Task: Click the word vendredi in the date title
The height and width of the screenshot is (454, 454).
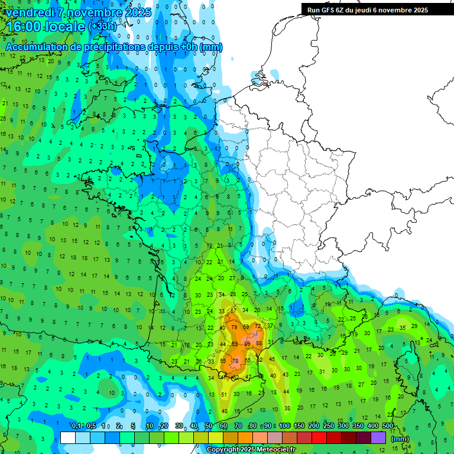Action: click(x=30, y=12)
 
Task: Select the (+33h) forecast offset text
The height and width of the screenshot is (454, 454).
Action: click(x=102, y=27)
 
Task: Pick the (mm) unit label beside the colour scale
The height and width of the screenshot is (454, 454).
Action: click(x=400, y=439)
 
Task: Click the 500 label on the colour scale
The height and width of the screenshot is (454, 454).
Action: click(x=388, y=426)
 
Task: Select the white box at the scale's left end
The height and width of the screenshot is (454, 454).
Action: click(x=68, y=438)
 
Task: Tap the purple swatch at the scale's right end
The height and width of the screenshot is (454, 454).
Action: click(x=378, y=438)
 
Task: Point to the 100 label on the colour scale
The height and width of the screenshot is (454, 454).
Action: click(x=284, y=426)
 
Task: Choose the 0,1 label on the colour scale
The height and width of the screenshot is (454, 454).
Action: click(x=76, y=426)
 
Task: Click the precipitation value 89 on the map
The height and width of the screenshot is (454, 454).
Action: click(x=247, y=343)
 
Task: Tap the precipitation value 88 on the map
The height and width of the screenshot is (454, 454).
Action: click(x=258, y=343)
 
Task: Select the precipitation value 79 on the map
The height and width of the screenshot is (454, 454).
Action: click(x=234, y=327)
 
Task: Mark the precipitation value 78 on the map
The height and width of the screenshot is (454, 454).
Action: click(x=235, y=361)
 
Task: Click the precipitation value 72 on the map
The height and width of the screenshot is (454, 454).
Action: click(x=257, y=326)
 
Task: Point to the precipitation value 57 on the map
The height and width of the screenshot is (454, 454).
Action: click(x=234, y=310)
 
